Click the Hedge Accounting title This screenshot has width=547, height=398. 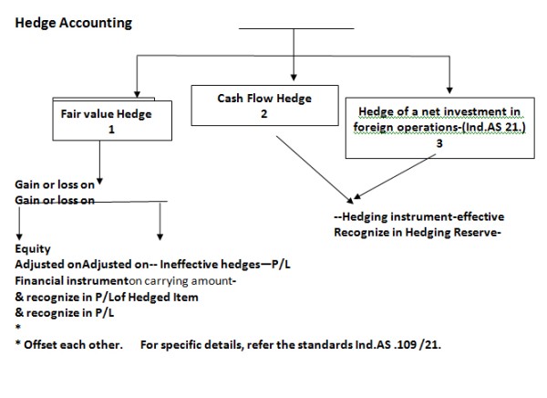[x=73, y=21]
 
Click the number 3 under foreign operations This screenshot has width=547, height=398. [x=439, y=143]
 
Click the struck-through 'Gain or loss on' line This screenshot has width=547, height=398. [x=55, y=198]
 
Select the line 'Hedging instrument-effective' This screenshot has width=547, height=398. [x=419, y=217]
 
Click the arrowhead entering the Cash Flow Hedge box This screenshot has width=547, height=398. [x=293, y=76]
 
